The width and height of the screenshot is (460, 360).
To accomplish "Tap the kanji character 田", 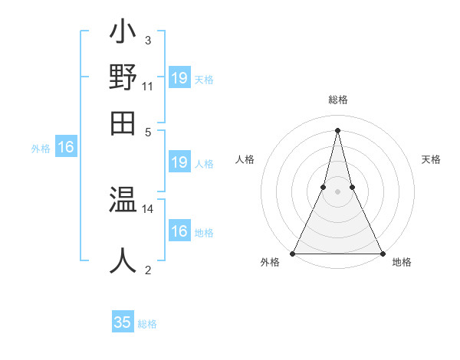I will tap(123, 123).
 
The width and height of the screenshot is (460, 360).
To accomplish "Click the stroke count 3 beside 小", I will tap(147, 40).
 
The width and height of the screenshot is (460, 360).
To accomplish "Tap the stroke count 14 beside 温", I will tap(148, 208).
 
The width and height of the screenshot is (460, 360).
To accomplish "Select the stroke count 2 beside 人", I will tap(147, 269).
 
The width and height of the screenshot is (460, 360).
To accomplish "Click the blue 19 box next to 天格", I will tap(179, 78).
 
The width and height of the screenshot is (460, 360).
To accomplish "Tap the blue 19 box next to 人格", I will tap(179, 162).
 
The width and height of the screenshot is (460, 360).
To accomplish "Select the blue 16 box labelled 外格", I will tap(66, 148).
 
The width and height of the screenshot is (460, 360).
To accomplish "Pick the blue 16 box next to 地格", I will tap(179, 231).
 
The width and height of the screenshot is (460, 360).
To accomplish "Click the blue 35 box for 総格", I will tap(123, 322).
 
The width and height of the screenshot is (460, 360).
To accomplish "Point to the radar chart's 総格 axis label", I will tap(337, 100).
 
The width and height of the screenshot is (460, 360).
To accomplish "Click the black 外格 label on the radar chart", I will tap(270, 262).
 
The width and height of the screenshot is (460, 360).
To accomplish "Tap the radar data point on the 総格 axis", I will tap(337, 129).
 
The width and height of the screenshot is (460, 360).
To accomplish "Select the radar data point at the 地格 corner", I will tap(382, 254).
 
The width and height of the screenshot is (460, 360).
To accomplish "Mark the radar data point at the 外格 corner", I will tap(293, 254).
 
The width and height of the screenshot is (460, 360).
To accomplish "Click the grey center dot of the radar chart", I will tap(337, 191).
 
